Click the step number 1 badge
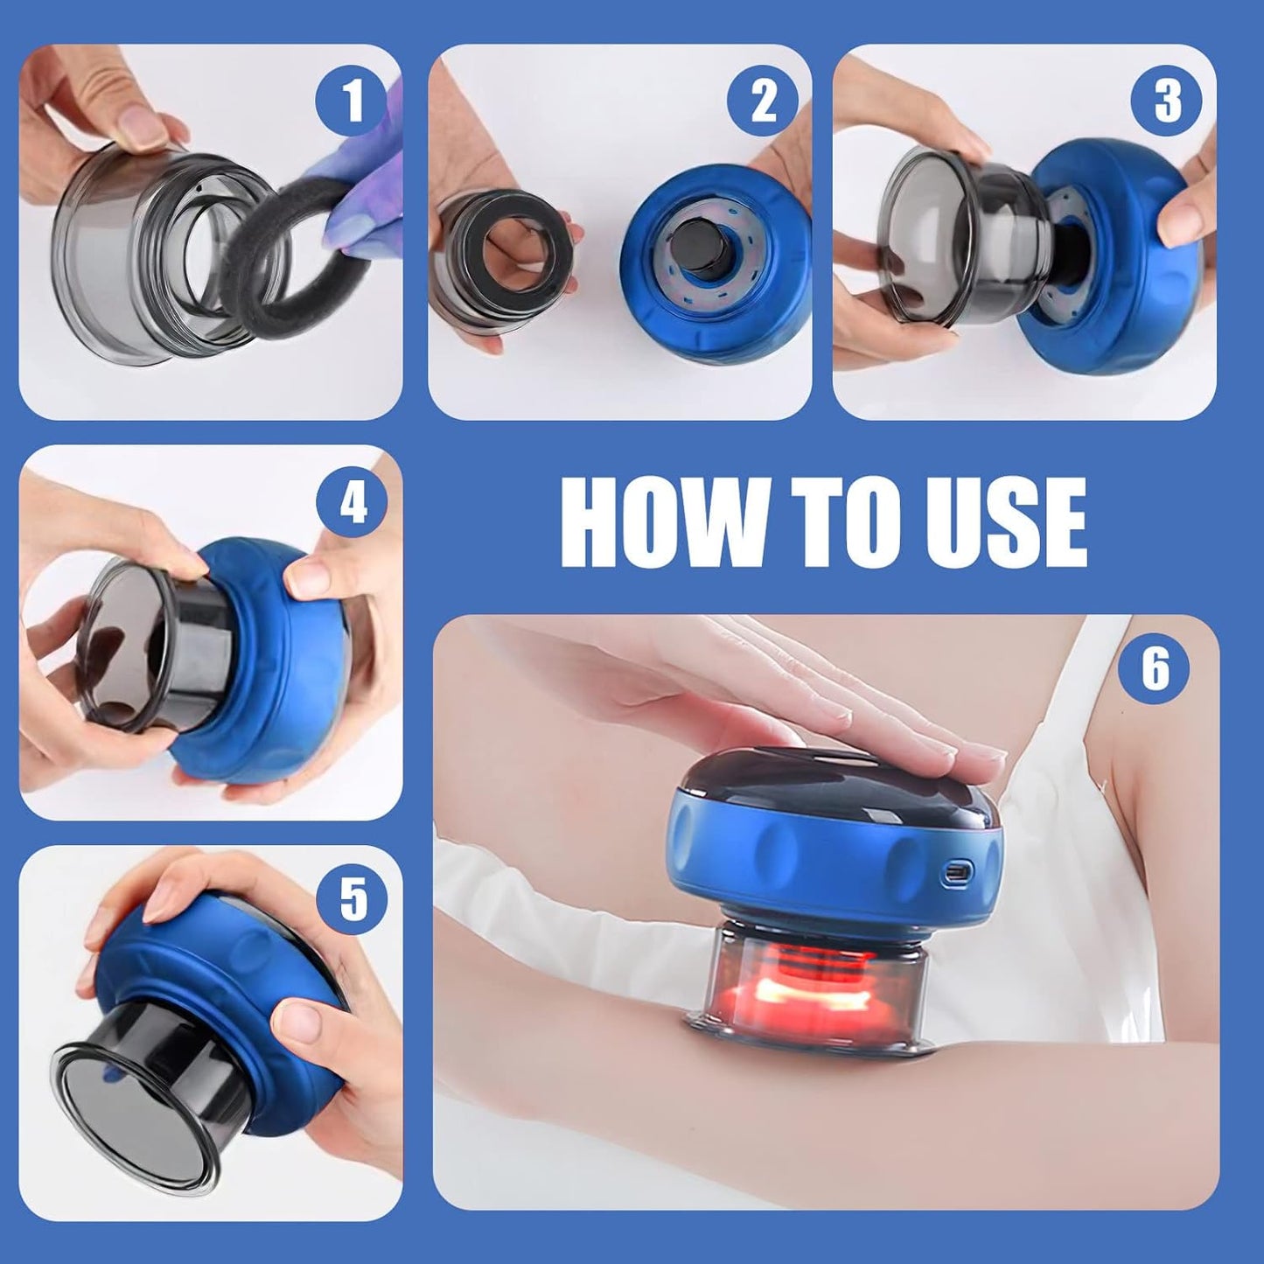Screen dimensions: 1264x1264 [x=352, y=101]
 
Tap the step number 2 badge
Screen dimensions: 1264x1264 [x=763, y=101]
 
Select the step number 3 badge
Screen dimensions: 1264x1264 [x=1167, y=101]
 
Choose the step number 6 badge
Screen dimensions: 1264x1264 [x=1155, y=669]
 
